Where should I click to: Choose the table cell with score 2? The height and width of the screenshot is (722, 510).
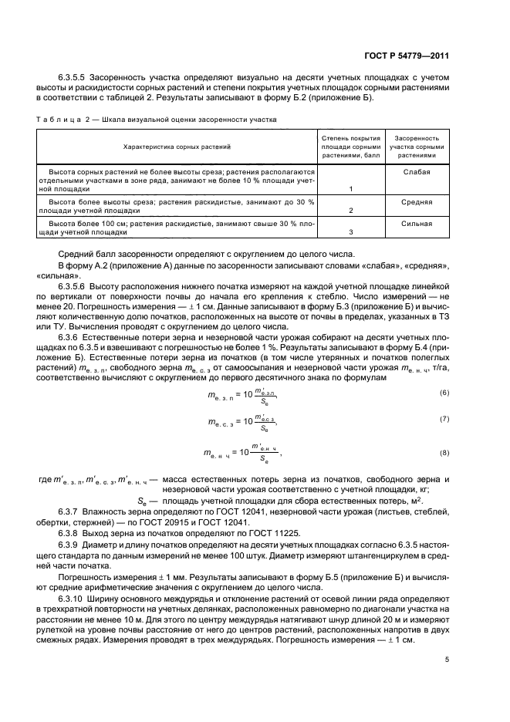click(x=351, y=211)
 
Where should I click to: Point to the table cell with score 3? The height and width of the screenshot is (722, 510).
click(x=351, y=232)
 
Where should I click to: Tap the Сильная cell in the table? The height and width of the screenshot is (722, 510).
click(x=416, y=224)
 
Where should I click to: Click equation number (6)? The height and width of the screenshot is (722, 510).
click(x=444, y=393)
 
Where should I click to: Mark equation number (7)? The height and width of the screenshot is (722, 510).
click(x=444, y=419)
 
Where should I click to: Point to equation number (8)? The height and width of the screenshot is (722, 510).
click(x=444, y=452)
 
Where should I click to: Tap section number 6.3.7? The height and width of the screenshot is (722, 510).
click(x=69, y=511)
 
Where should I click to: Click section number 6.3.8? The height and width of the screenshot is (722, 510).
click(x=69, y=533)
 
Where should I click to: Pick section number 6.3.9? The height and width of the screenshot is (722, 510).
click(x=69, y=544)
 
